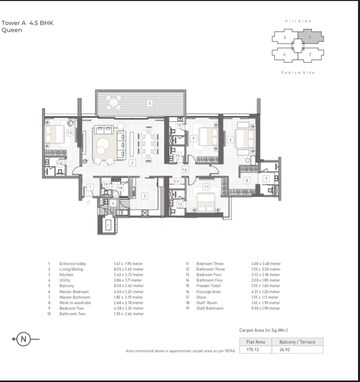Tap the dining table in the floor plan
click(x=149, y=146)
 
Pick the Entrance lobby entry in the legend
click(x=74, y=265)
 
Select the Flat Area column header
click(x=253, y=341)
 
